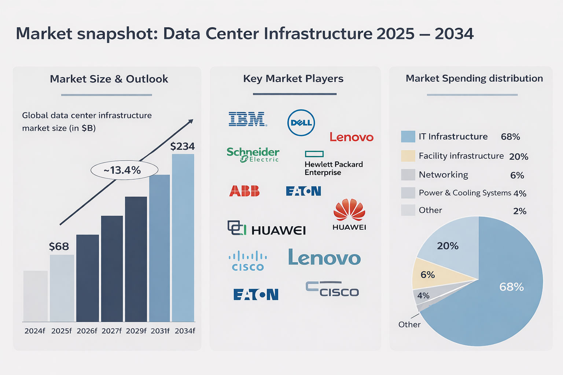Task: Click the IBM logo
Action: click(247, 119)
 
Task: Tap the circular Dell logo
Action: click(301, 123)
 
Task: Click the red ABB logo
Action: click(244, 191)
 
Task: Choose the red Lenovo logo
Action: click(351, 137)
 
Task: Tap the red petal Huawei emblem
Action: click(349, 210)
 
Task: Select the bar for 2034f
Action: click(183, 238)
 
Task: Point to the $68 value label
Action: click(59, 246)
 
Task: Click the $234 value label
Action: click(182, 146)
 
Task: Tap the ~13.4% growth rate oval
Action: click(124, 170)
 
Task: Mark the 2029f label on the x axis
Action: click(136, 331)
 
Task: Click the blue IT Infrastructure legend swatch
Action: click(408, 137)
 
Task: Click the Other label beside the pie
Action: click(409, 324)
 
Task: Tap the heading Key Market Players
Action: click(293, 79)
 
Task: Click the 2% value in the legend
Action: click(519, 211)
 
